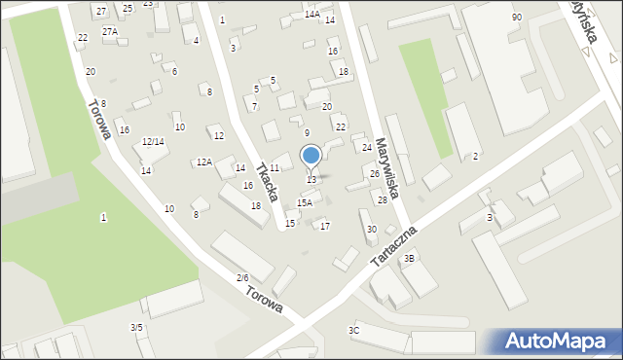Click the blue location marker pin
(311, 156)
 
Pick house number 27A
(110, 31)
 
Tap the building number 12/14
(153, 142)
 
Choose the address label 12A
(204, 162)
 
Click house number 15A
(305, 202)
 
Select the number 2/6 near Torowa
(242, 278)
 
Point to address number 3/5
(137, 328)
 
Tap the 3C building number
(354, 331)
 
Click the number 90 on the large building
(516, 18)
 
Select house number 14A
(311, 15)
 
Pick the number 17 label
(325, 227)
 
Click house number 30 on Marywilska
(372, 230)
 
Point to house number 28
(383, 199)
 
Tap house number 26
(375, 173)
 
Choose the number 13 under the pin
(311, 180)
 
